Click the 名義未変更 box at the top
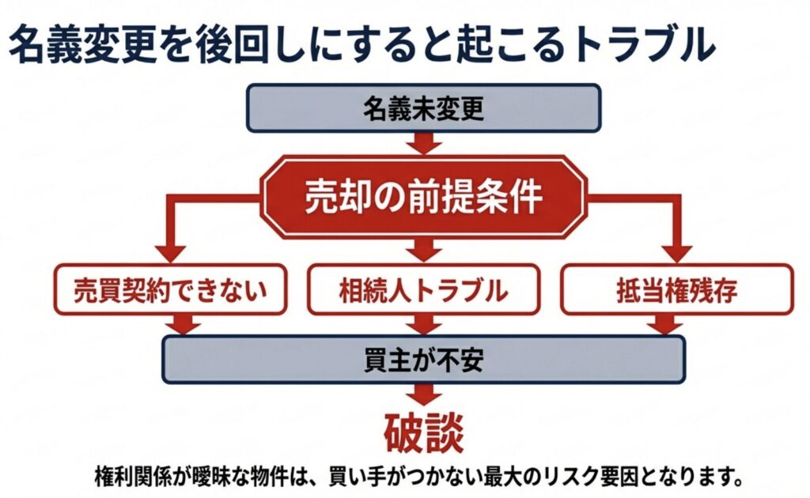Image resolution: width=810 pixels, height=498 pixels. coord(423,108)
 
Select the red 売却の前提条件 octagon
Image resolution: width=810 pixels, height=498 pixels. coord(423,198)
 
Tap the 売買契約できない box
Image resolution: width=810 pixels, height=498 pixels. coord(169,290)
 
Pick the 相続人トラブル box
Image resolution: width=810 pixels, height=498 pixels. coord(423,290)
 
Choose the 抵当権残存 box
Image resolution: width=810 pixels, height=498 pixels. coord(676,290)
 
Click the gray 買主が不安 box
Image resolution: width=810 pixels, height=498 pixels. coord(423,360)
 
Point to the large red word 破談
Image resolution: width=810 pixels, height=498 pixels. coord(423,434)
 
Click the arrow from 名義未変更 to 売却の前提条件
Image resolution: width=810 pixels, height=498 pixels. coord(423,144)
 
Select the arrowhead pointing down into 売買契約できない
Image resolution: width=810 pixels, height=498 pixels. coord(169,255)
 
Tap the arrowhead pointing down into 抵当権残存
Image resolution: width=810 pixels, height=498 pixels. coord(677,255)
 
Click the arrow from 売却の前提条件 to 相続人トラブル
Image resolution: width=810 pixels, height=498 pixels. coord(423,251)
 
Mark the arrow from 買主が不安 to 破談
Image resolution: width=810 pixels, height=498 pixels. coord(423,395)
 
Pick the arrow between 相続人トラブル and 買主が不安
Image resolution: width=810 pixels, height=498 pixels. coord(423,324)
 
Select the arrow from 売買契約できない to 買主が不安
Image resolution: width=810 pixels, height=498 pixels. coord(184,324)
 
